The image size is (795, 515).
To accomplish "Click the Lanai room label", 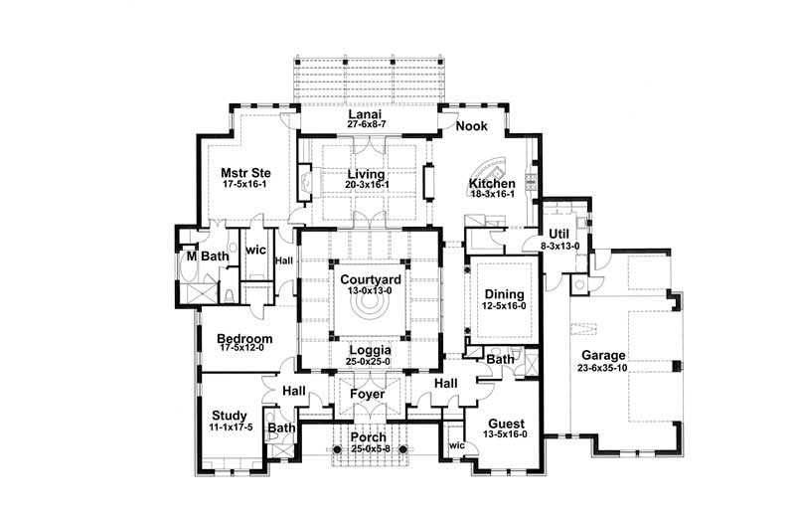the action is (x=365, y=114).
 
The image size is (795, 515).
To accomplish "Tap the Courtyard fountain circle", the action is (x=368, y=305).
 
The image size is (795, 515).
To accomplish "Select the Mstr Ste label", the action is (x=245, y=173).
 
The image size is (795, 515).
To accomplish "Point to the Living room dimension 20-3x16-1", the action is (x=367, y=185).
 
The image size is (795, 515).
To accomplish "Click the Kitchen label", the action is (x=492, y=183).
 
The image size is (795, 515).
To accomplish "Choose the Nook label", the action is (x=471, y=126).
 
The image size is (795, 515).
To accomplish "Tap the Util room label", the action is (x=559, y=235).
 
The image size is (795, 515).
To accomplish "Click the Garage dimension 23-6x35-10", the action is (x=603, y=368).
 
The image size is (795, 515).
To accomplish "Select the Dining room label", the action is (x=504, y=294).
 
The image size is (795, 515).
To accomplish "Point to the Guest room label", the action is (x=506, y=424).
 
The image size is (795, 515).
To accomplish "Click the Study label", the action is (x=230, y=416).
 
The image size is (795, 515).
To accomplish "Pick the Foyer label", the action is (x=368, y=395).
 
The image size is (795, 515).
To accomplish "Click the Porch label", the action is (x=369, y=437).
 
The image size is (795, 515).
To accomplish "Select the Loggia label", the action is (x=371, y=351).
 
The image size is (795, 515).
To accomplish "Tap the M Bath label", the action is (x=208, y=257).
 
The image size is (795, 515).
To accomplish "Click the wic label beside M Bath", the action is (x=255, y=250).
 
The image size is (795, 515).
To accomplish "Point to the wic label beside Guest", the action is (x=457, y=445).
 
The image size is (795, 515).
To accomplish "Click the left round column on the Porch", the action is (x=335, y=449).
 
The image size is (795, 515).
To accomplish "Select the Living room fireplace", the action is (x=305, y=183).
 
